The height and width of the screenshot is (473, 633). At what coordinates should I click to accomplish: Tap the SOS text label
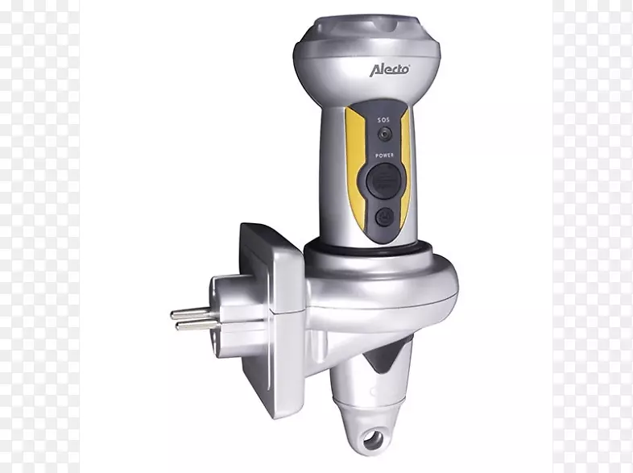pyautogui.click(x=384, y=120)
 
